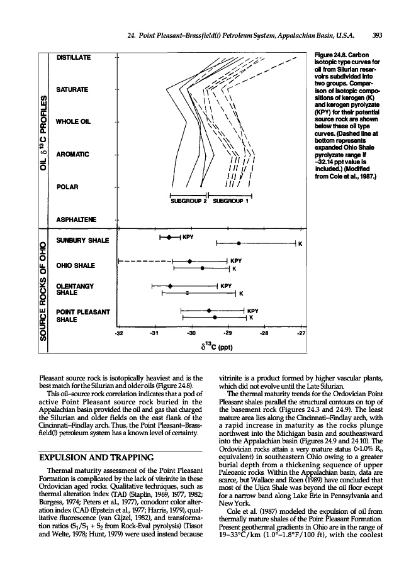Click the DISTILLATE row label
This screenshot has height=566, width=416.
[x=75, y=58]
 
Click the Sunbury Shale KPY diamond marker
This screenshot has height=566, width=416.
[x=170, y=237]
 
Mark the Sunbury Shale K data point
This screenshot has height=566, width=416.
[x=239, y=243]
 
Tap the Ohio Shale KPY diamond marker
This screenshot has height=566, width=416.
[x=190, y=260]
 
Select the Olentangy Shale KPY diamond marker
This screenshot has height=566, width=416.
[x=170, y=286]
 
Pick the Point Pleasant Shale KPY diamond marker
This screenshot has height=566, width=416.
[x=209, y=311]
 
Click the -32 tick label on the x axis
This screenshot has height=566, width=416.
[x=120, y=332]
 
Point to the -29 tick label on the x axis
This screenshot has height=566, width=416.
[x=228, y=332]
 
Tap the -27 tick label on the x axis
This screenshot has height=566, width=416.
[x=301, y=332]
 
